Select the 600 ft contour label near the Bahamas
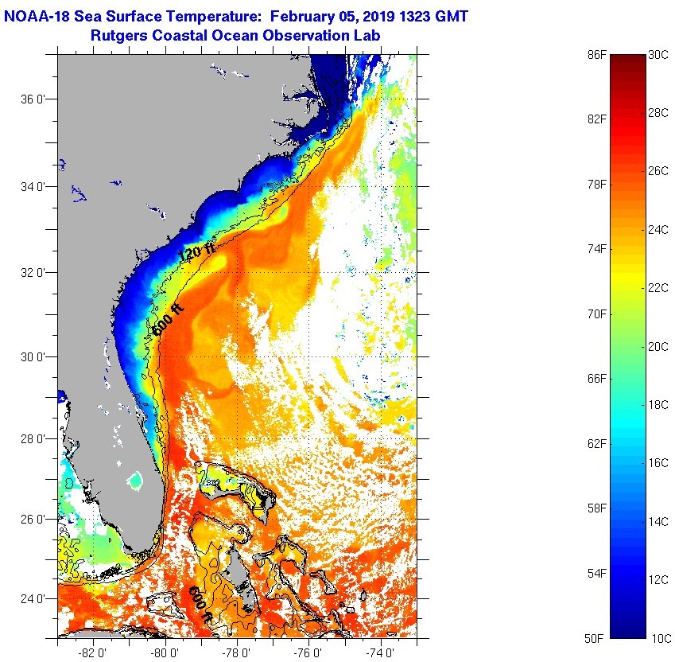tap(200, 606)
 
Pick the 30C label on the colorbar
tap(659, 56)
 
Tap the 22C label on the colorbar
tap(659, 288)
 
